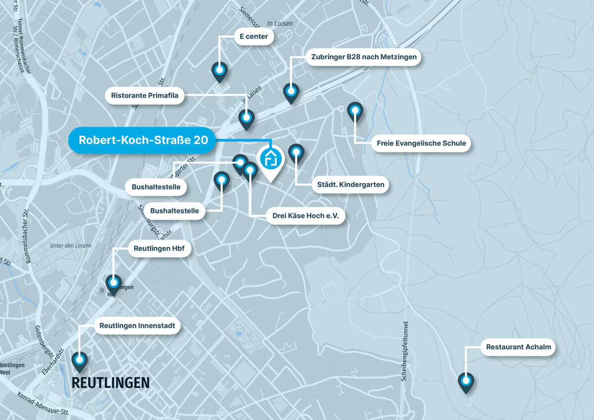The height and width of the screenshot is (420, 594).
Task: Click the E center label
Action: (x=253, y=36)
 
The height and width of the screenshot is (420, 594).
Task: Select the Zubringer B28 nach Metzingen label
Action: (x=364, y=57)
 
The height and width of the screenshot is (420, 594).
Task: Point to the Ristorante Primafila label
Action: (x=145, y=95)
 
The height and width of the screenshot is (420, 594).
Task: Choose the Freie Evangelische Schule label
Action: (x=421, y=143)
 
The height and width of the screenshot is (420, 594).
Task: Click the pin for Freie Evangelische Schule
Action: (x=355, y=111)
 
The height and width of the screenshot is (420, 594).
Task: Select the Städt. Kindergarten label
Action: (x=350, y=185)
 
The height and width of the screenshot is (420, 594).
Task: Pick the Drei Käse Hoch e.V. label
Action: (x=305, y=215)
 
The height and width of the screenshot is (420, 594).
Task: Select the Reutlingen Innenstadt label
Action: (x=137, y=325)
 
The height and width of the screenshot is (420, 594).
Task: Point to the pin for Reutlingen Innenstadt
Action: (x=79, y=360)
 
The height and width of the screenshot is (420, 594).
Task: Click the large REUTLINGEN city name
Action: (x=110, y=382)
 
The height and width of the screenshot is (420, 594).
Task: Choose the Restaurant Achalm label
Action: (x=518, y=347)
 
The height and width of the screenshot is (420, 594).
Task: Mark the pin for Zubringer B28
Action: (x=291, y=92)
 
